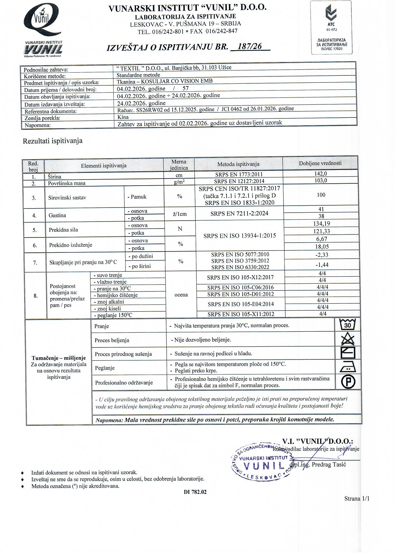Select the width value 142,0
(x=320, y=174)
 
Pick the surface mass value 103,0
(x=320, y=180)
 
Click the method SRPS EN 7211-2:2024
(x=239, y=214)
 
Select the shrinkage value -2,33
(x=321, y=255)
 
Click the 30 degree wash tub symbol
(x=348, y=325)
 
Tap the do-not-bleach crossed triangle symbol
(x=348, y=339)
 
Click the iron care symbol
(x=348, y=368)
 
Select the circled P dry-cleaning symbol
(x=348, y=382)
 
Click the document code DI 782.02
(x=195, y=492)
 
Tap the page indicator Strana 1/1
(x=357, y=498)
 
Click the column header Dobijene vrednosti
(x=320, y=163)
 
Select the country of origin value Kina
(x=123, y=117)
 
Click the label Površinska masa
(x=67, y=183)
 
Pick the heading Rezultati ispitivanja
(x=53, y=141)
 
